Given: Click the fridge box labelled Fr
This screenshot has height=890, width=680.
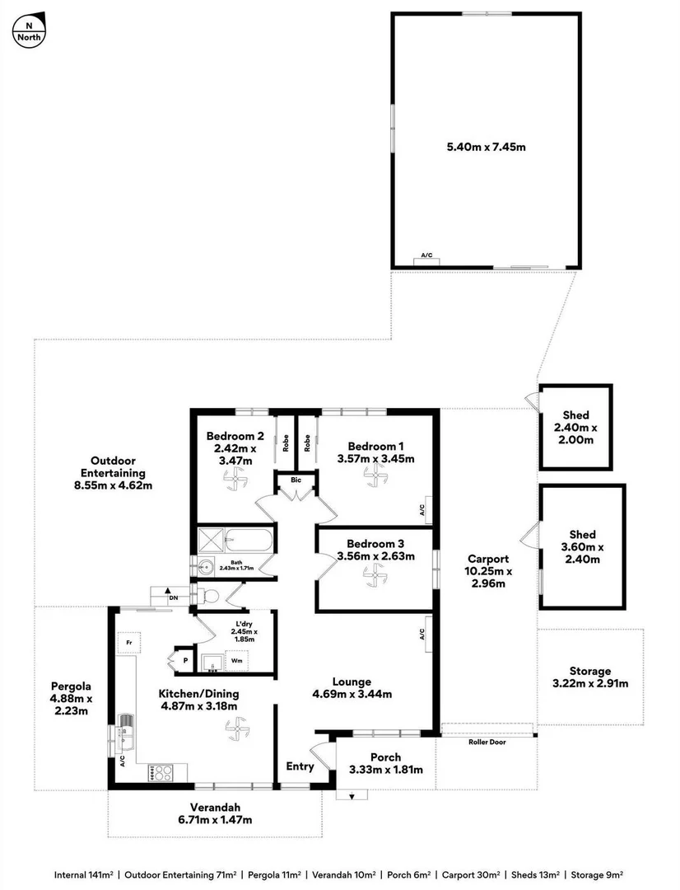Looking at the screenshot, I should pyautogui.click(x=128, y=640).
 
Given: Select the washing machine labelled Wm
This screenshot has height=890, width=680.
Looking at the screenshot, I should pyautogui.click(x=237, y=661).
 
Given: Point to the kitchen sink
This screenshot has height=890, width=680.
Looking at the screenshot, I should pyautogui.click(x=126, y=724).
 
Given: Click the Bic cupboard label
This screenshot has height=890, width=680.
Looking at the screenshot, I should pyautogui.click(x=293, y=479).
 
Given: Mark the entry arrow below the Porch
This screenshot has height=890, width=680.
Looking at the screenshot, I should pyautogui.click(x=352, y=796).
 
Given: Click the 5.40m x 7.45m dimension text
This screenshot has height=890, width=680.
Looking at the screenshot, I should pyautogui.click(x=486, y=147).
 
